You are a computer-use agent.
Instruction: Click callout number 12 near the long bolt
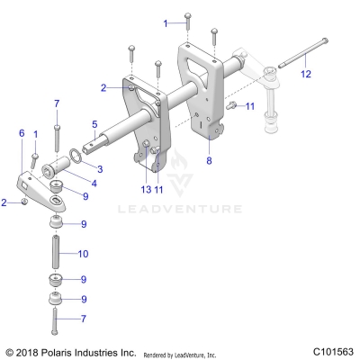[306, 74]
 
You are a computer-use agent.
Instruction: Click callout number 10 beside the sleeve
[84, 254]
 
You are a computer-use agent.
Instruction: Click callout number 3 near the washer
[100, 168]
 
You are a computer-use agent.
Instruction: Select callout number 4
[94, 183]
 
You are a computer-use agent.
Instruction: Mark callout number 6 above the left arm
[20, 132]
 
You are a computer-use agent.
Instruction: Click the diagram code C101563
[334, 351]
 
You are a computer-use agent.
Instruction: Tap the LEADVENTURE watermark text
[179, 209]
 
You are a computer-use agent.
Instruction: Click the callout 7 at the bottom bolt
[84, 319]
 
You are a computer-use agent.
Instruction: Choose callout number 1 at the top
[165, 21]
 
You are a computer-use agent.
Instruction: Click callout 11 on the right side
[250, 107]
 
